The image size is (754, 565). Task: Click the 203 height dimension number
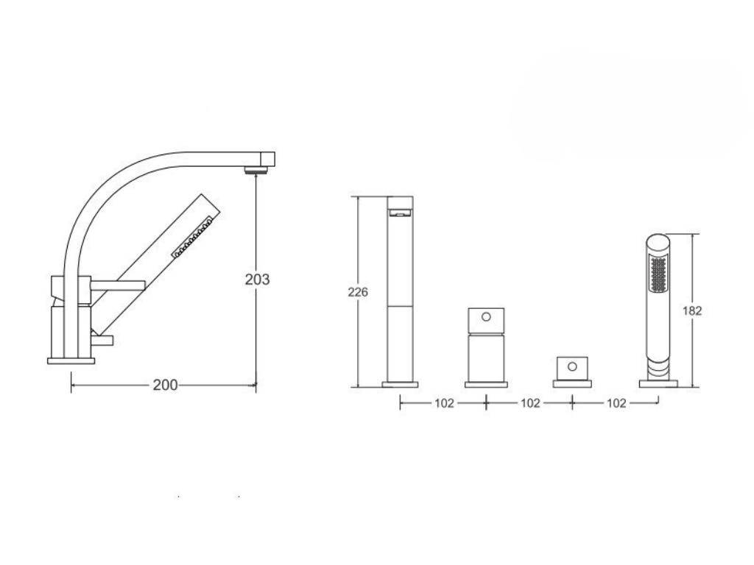(x=257, y=279)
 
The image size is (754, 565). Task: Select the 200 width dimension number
(x=165, y=385)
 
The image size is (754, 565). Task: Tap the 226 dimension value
(x=358, y=291)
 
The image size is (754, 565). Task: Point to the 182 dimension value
(x=692, y=311)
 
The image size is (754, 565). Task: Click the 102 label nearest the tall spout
(x=444, y=403)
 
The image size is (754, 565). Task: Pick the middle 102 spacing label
(x=530, y=403)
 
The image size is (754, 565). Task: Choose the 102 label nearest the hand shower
(x=616, y=403)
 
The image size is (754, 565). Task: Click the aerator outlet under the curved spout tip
(x=256, y=170)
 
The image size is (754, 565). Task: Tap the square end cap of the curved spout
(x=268, y=159)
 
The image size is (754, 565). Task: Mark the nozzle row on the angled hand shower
(x=192, y=238)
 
